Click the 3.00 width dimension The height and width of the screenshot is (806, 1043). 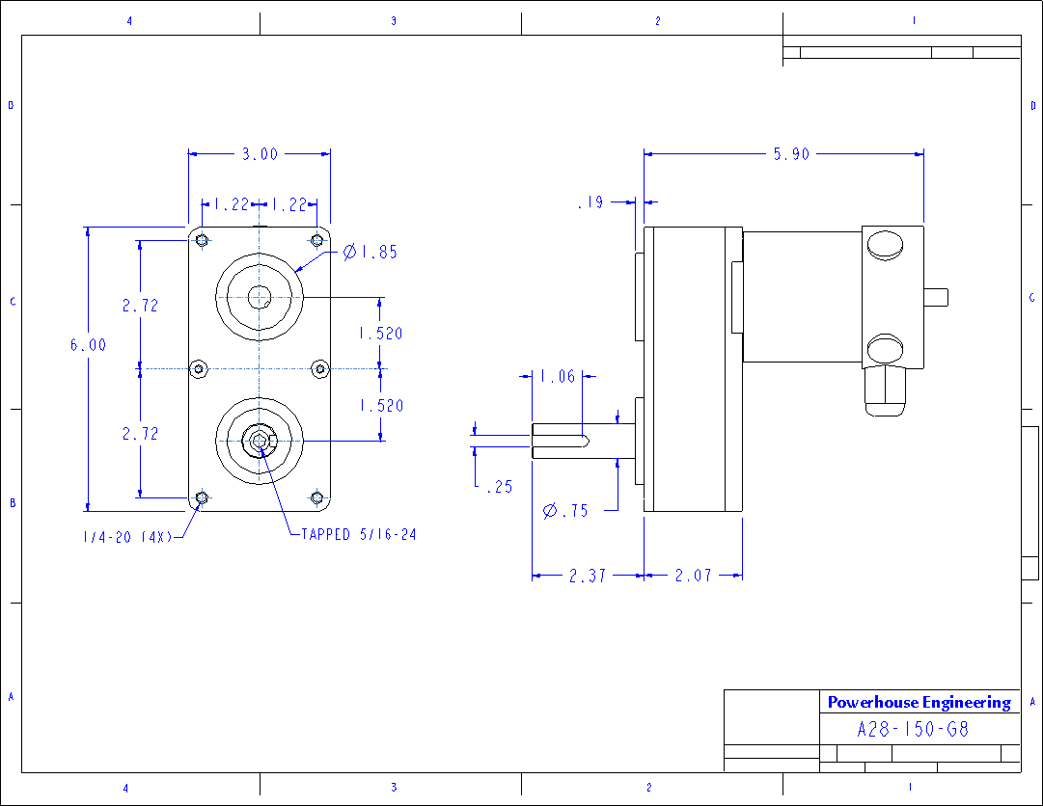[x=259, y=153]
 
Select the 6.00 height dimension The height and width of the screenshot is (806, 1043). [x=88, y=344]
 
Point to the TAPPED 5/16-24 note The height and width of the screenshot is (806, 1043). [x=358, y=533]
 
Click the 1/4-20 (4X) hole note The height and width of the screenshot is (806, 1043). [x=126, y=536]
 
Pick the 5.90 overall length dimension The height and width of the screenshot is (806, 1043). [x=791, y=153]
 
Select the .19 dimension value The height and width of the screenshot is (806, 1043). [x=590, y=202]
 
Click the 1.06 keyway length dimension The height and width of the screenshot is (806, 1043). [x=557, y=376]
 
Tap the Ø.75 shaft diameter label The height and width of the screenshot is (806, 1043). [x=565, y=511]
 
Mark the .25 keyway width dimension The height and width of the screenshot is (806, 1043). [x=499, y=487]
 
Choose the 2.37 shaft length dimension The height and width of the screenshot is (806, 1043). [x=588, y=576]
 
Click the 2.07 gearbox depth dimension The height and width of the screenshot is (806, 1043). [x=693, y=576]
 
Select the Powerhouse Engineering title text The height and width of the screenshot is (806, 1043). [x=919, y=702]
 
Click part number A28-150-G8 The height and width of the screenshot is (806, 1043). [x=913, y=729]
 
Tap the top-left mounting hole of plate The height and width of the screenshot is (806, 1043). [x=201, y=239]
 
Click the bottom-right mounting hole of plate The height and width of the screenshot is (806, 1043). [x=317, y=497]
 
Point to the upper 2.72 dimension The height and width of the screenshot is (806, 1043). [x=140, y=305]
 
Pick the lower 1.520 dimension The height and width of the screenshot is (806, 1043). [x=380, y=406]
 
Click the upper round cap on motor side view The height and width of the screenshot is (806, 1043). [x=885, y=245]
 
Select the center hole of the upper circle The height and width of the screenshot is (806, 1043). [x=259, y=297]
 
